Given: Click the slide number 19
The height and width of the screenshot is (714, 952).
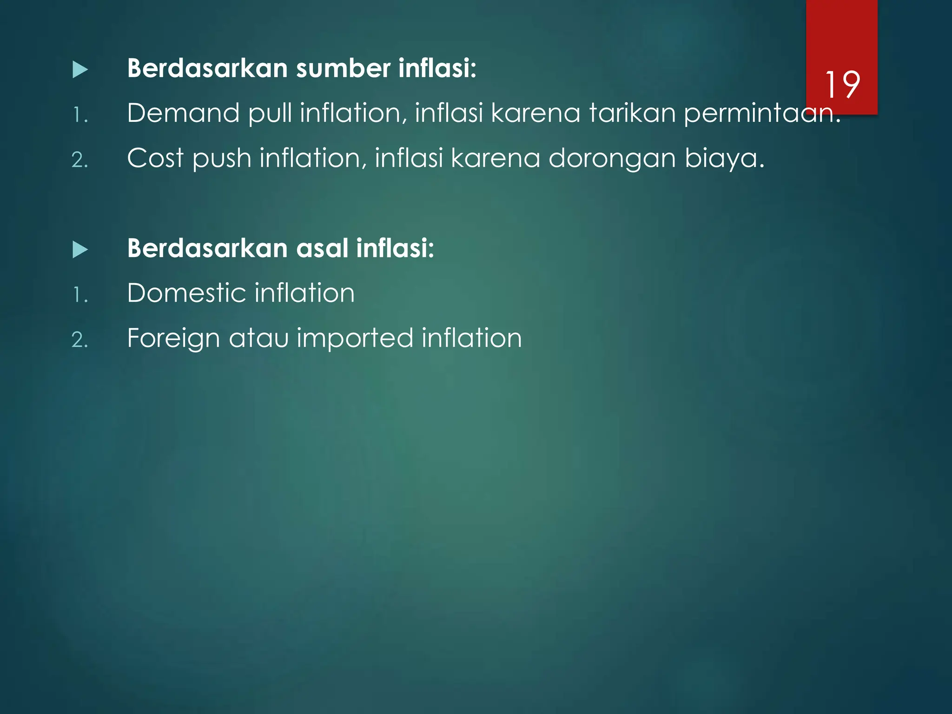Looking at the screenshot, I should coord(842,85).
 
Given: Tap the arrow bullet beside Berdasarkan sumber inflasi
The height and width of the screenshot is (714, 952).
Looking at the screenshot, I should coord(80,70).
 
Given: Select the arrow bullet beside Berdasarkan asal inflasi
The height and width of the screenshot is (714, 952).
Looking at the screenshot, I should coord(80,250).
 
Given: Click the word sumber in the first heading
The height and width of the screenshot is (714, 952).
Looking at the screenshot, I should coord(343,68).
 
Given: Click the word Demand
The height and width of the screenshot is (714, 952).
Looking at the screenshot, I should coord(183,113).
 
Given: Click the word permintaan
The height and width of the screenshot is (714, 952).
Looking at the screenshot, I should coord(762,114).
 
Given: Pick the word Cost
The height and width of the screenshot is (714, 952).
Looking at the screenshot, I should coord(155,158).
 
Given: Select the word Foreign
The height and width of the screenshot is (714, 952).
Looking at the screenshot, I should coord(173,338).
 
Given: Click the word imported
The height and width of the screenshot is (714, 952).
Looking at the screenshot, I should coord(355,338).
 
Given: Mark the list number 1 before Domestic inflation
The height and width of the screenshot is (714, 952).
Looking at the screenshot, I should coord(79,295).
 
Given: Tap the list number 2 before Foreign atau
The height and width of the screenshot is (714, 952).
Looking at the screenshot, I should coord(79,340).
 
